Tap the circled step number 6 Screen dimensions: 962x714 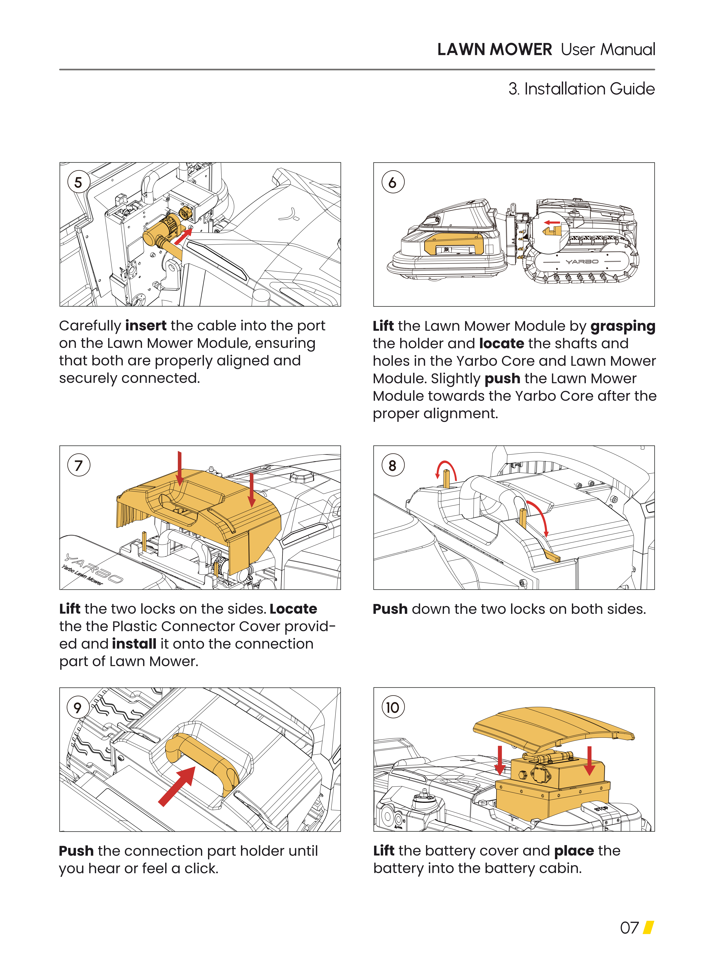(392, 182)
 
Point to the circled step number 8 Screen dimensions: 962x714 (392, 465)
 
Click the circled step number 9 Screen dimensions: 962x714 (78, 707)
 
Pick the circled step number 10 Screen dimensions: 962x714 (392, 707)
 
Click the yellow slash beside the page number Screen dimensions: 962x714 (648, 927)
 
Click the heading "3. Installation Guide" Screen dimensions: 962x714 (581, 89)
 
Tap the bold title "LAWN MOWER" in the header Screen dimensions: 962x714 (494, 50)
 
